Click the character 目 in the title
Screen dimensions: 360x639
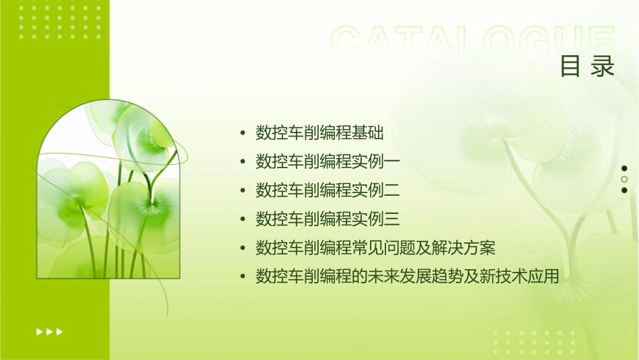(x=570, y=67)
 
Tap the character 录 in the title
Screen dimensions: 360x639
(x=603, y=67)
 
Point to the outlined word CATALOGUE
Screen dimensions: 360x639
(x=473, y=42)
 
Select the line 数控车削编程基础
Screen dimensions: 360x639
(x=319, y=133)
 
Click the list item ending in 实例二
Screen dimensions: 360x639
(x=328, y=190)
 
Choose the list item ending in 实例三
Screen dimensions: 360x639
(x=328, y=219)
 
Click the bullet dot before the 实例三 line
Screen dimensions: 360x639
(x=243, y=219)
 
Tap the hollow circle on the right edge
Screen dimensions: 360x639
(x=624, y=180)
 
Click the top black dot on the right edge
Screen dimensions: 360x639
(x=624, y=168)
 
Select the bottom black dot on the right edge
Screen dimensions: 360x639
(x=624, y=190)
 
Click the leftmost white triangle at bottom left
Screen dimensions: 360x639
(x=39, y=332)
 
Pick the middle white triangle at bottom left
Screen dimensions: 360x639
(x=49, y=332)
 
